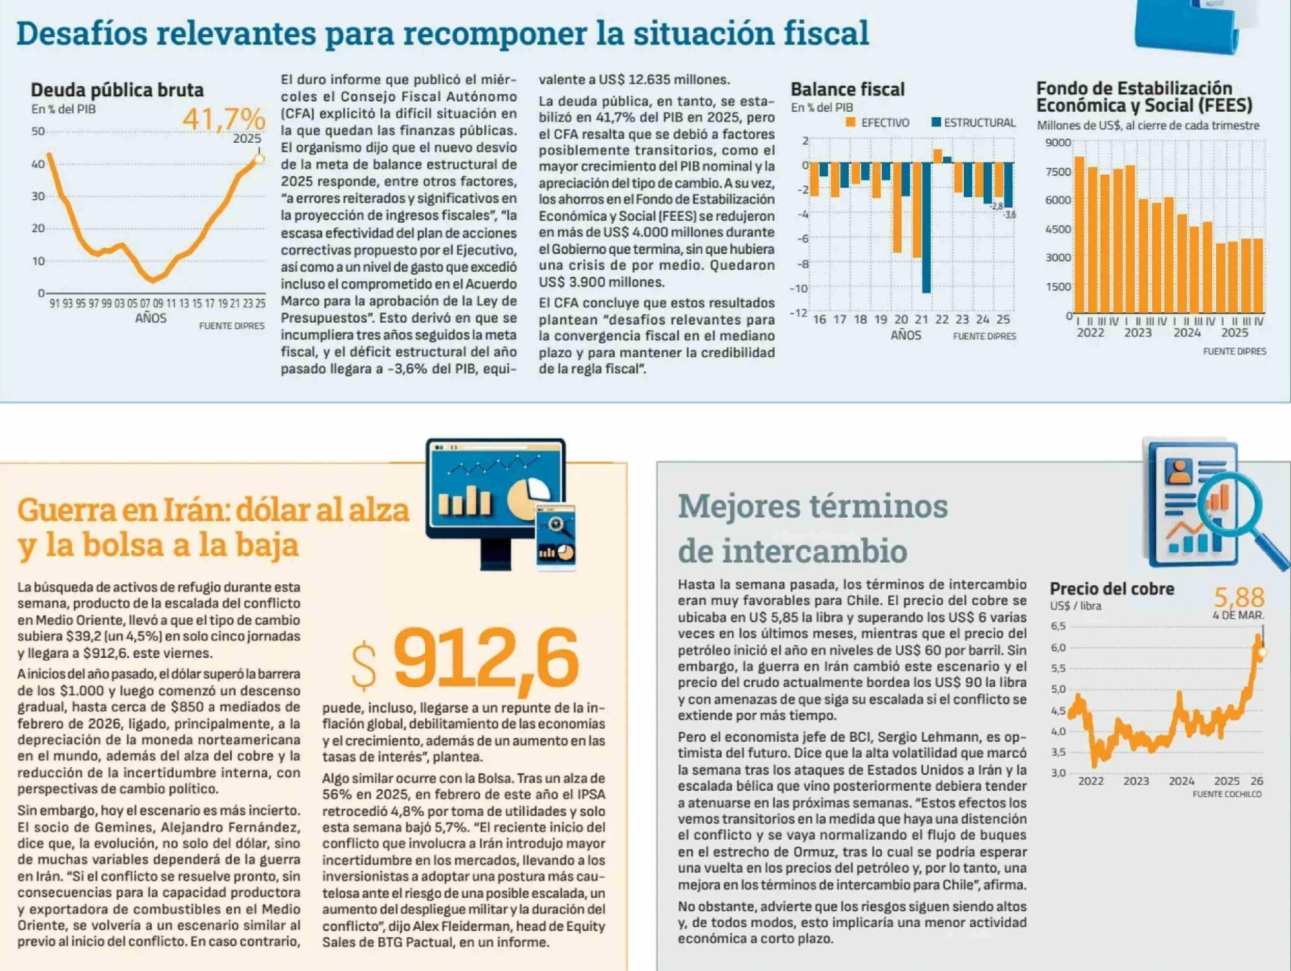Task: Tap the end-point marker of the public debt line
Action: (260, 159)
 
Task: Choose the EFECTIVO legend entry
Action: (878, 123)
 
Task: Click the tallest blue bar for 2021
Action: (926, 227)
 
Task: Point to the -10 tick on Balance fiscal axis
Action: (798, 288)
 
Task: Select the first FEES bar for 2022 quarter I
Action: (1079, 235)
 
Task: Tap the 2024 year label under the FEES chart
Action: (1187, 333)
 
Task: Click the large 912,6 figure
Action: (486, 658)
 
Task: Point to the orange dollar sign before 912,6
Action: (364, 665)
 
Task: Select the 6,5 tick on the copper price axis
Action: (1058, 626)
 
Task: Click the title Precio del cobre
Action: (1112, 589)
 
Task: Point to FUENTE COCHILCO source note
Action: (1227, 794)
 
